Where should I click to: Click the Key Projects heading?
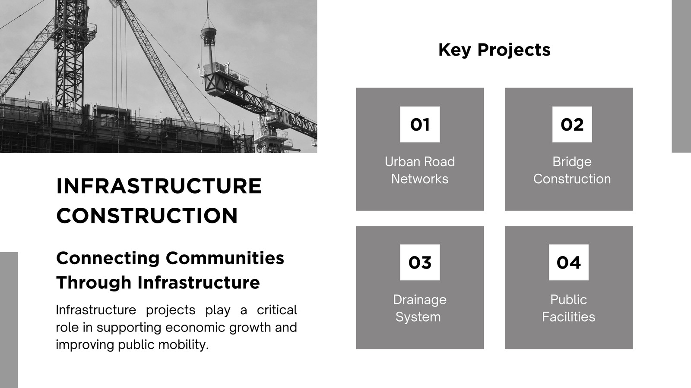pos(494,50)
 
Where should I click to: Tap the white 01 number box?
pos(420,125)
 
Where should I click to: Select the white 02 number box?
pos(572,125)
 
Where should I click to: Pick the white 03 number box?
pos(420,263)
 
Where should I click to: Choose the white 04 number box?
pos(568,263)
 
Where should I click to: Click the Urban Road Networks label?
pos(420,170)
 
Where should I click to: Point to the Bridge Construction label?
pos(572,170)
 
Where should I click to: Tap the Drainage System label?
pos(419,308)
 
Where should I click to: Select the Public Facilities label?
pos(568,308)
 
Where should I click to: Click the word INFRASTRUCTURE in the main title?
pos(159,186)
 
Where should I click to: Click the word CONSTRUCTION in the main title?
pos(147,216)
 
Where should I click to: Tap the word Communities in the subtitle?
pos(225,258)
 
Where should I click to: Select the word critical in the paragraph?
pos(277,310)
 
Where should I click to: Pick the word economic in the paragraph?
pos(195,327)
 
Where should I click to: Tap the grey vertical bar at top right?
pos(681,76)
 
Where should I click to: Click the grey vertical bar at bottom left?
pos(9,320)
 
